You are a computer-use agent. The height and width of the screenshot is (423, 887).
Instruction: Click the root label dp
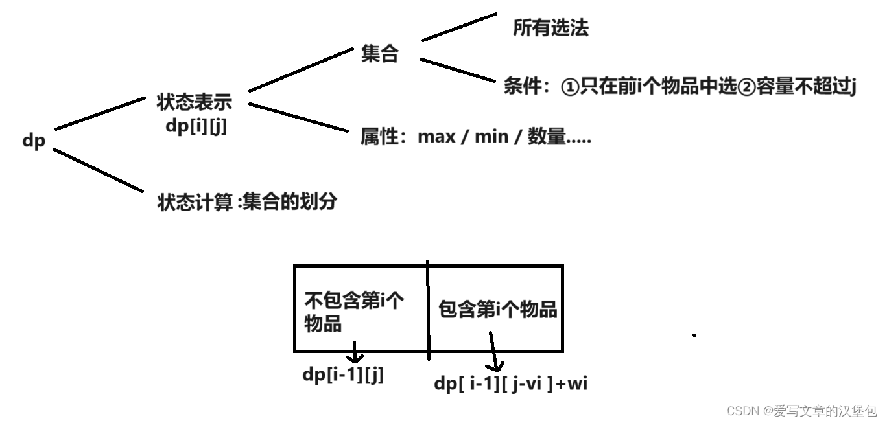(34, 141)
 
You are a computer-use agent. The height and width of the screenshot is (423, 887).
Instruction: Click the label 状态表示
(194, 102)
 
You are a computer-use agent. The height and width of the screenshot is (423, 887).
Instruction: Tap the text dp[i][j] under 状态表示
(196, 126)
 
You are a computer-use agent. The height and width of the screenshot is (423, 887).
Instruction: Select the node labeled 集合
(379, 54)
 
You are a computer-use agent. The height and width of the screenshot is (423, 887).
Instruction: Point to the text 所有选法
(550, 28)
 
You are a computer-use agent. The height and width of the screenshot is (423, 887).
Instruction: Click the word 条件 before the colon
(522, 87)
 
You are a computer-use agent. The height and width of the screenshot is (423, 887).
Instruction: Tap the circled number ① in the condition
(569, 87)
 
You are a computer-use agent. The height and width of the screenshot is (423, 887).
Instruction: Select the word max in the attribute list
(437, 137)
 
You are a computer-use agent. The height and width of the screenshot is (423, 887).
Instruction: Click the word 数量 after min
(547, 137)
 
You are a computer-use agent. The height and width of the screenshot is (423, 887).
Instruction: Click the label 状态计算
(195, 202)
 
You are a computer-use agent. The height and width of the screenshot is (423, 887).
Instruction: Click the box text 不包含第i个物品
(354, 312)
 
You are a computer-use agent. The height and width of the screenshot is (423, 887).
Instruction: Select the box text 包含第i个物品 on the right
(498, 310)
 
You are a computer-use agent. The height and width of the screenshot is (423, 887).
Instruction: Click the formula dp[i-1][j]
(343, 375)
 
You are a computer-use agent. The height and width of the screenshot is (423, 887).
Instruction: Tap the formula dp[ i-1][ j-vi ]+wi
(511, 383)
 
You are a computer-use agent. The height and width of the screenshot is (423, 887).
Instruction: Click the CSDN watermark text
(801, 411)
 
